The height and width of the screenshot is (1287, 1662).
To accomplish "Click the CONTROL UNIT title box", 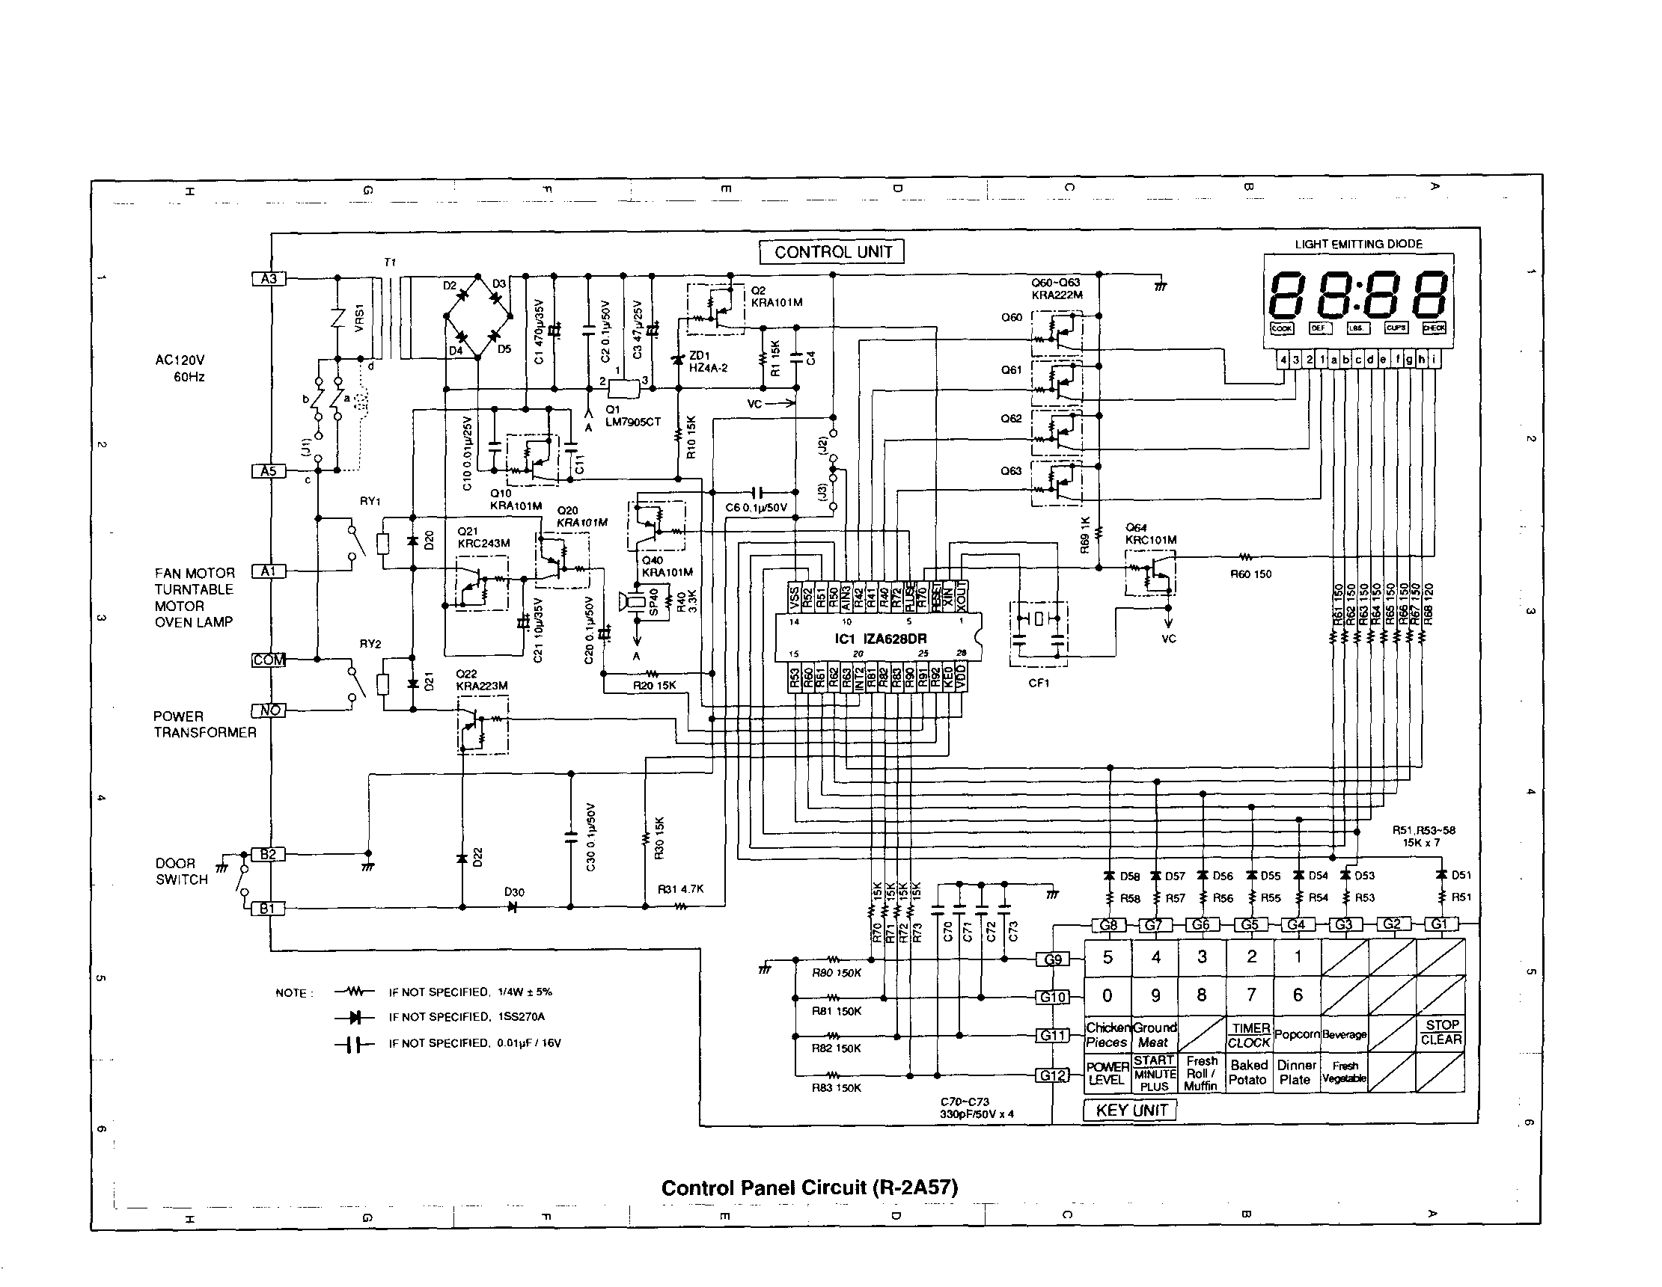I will coord(833,252).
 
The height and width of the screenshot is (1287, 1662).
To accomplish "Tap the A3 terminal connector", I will coord(269,278).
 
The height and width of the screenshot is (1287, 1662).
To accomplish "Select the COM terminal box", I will coord(269,660).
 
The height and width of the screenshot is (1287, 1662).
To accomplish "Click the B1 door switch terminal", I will coord(268,908).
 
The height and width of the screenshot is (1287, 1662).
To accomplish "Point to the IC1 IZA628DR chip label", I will coord(881,638).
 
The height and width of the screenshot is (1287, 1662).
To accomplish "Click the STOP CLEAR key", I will coord(1441,1032).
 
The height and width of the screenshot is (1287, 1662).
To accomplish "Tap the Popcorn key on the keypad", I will coord(1297,1034).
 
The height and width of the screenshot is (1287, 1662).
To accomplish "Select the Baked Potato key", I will coord(1248,1072).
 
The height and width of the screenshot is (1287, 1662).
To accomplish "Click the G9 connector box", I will coord(1052,959).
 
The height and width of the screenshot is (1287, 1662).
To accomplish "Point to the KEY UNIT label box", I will coord(1131,1111).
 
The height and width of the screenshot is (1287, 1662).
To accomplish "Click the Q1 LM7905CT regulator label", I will coord(632,415).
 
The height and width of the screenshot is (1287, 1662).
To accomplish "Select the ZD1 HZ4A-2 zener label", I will coord(708,361).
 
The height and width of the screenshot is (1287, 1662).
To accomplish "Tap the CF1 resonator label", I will coord(1039,683).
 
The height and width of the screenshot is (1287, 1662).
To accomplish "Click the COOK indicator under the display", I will coord(1282,328).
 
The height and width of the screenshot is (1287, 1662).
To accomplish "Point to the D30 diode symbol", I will coord(512,906).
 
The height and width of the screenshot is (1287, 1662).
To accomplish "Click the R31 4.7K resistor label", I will coord(680,888).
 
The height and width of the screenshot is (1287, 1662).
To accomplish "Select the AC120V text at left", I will coord(180,360).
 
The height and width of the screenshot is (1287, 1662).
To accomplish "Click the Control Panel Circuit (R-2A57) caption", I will coord(809,1188).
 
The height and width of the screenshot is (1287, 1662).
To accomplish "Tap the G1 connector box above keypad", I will coord(1439,924).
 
